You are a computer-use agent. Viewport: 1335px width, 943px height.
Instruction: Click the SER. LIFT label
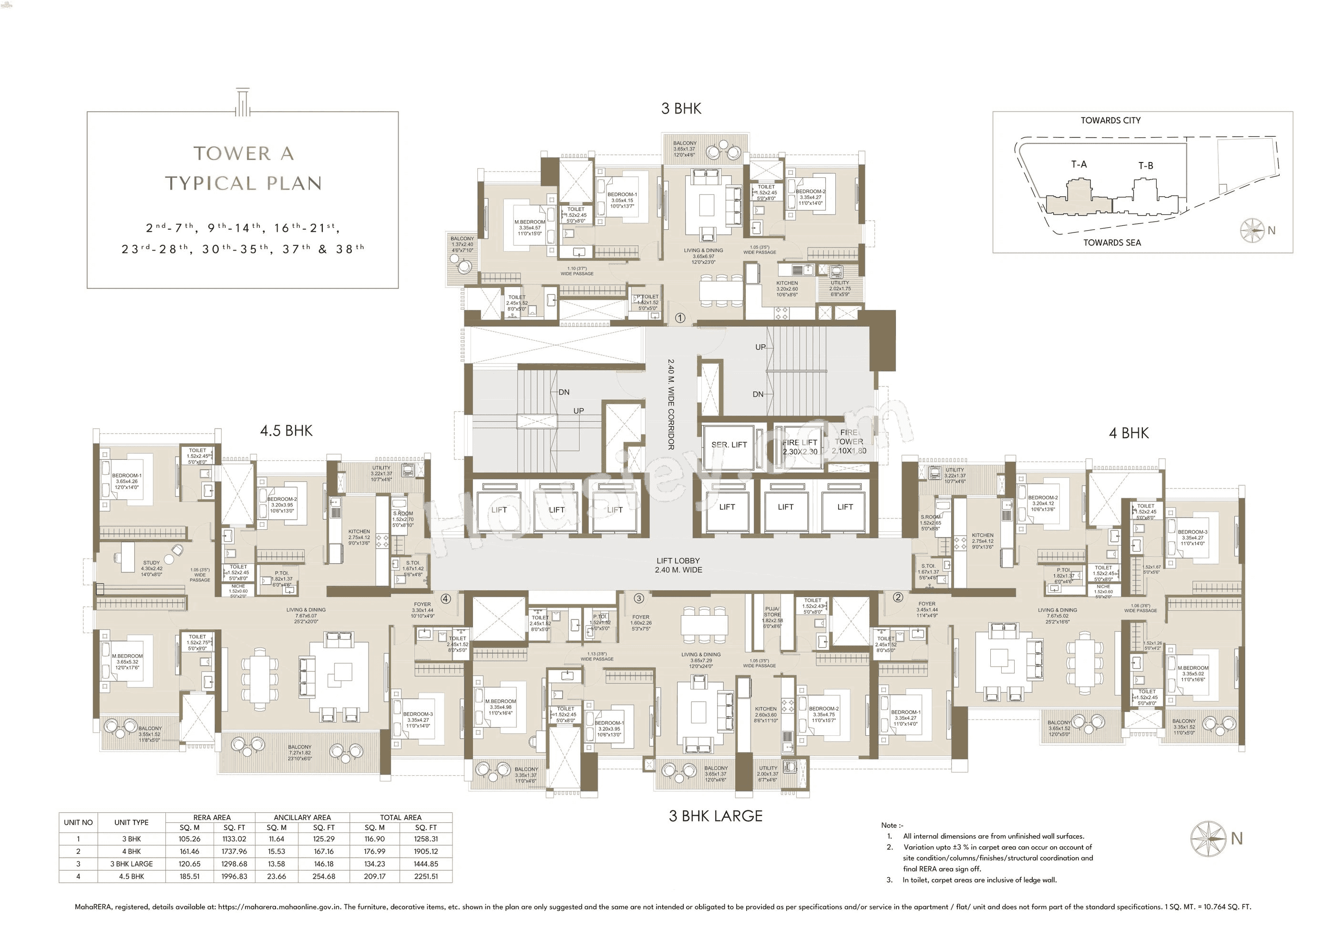click(729, 445)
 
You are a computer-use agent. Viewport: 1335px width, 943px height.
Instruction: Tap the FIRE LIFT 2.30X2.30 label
click(800, 447)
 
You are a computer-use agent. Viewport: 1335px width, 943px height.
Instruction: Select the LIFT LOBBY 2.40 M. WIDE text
click(678, 565)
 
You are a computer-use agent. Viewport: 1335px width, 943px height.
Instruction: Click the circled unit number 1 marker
click(680, 318)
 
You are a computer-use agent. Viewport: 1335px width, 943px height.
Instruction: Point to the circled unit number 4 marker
click(446, 598)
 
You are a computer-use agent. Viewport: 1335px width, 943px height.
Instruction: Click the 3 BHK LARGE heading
click(715, 816)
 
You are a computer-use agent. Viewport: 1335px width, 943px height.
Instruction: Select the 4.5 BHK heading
click(286, 431)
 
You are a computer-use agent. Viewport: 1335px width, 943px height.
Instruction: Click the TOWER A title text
click(244, 153)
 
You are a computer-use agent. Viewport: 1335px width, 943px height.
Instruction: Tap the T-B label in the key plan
click(1145, 166)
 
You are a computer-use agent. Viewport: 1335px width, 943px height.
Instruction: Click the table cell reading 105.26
click(190, 839)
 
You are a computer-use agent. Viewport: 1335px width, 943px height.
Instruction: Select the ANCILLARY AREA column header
click(302, 817)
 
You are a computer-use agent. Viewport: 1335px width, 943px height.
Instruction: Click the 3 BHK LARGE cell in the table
click(132, 864)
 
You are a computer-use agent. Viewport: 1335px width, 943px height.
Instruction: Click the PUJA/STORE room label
click(773, 615)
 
